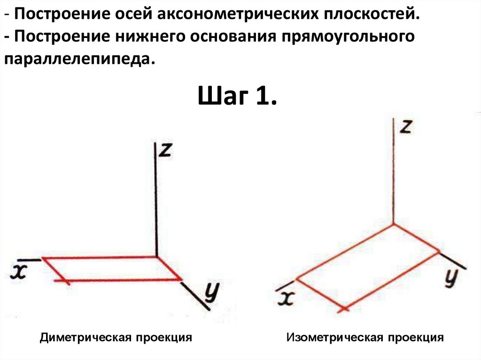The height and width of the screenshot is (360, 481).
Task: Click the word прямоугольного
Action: click(x=348, y=37)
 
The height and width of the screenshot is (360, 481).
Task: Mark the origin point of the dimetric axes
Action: click(x=156, y=257)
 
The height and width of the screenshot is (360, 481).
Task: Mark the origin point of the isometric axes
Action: click(x=393, y=224)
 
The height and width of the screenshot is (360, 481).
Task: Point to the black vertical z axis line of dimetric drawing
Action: click(x=156, y=202)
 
